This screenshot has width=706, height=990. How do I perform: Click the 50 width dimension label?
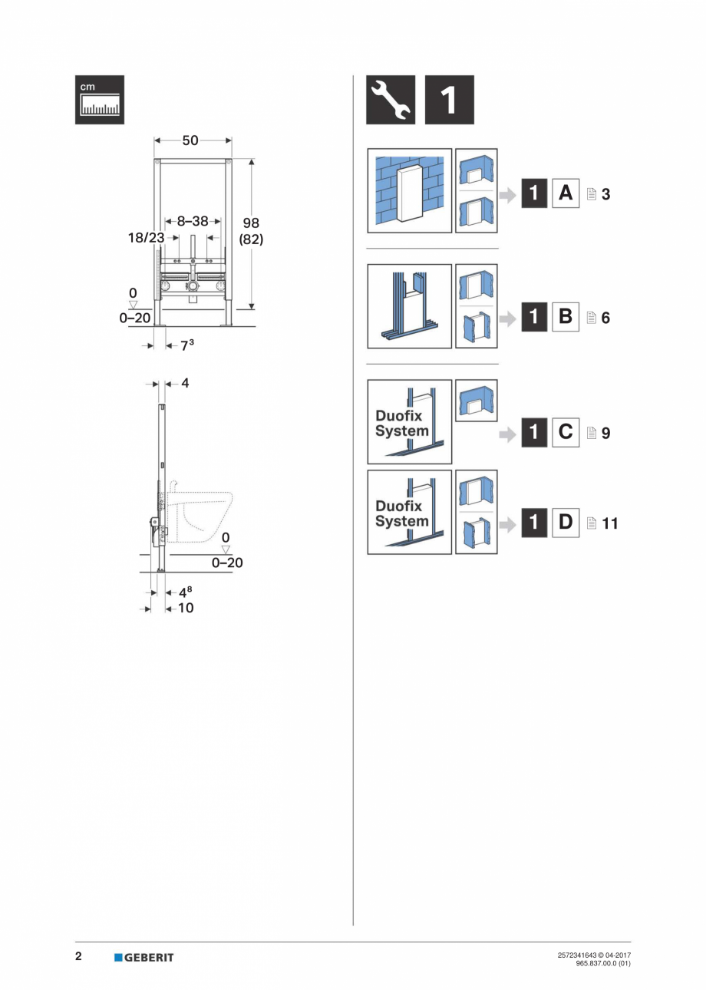coord(190,140)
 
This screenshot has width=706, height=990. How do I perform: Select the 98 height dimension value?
coord(251,223)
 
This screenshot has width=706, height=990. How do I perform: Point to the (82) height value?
coord(251,239)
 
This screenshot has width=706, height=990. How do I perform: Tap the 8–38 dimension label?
coord(192,221)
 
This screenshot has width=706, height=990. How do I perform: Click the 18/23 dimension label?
coord(146,238)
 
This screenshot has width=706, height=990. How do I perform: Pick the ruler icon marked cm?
coord(100,100)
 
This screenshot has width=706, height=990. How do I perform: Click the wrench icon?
coord(391,100)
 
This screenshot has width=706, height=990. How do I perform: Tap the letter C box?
coord(566,432)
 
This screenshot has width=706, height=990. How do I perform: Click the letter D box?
coord(566,523)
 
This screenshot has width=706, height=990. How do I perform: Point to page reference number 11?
coord(610,524)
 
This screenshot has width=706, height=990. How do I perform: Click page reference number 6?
coord(605,318)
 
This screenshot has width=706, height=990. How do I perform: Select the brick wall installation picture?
coord(409,190)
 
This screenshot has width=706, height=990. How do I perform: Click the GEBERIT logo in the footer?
coord(144,957)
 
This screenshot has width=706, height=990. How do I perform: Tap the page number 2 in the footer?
coord(78,956)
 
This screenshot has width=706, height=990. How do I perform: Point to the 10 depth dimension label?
coord(186,608)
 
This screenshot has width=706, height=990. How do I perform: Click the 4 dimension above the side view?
coord(185,382)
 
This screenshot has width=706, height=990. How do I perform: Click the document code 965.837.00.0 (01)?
coord(602,963)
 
